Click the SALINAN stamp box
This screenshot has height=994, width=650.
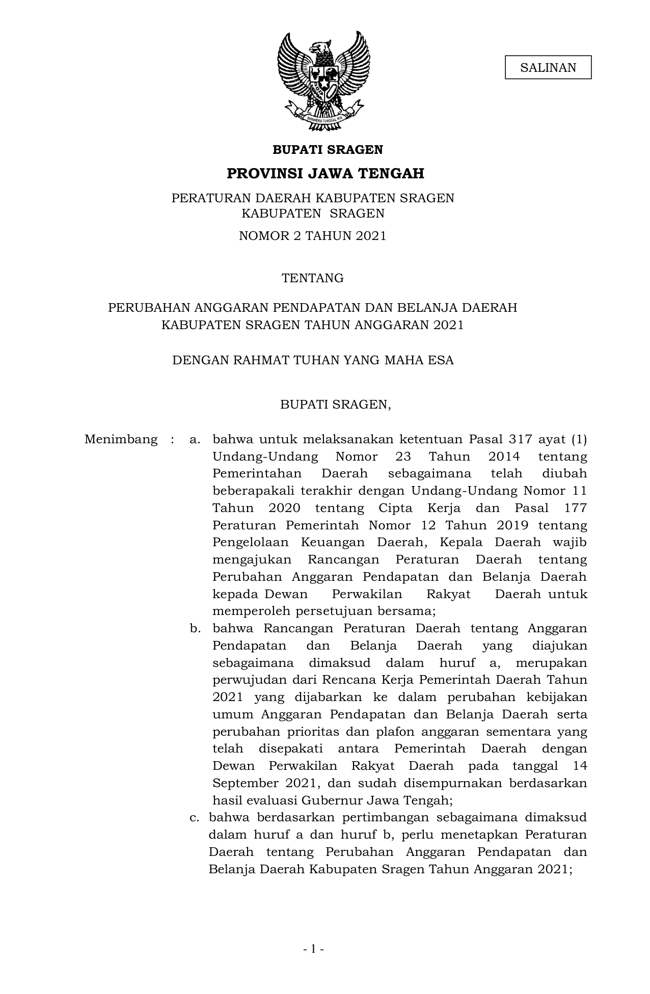coord(548,68)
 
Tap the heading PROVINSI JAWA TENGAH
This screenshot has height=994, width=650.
coord(325,174)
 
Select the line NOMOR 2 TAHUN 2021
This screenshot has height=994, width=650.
coord(312,236)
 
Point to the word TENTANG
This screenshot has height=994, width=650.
coord(313,278)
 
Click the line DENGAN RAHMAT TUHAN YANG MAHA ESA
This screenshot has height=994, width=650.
coord(312,360)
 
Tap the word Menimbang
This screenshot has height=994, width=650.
coord(121,439)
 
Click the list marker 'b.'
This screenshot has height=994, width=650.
coord(195,629)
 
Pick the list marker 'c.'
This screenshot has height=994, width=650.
coord(194,818)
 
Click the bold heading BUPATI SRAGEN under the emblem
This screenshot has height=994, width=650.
coord(328,150)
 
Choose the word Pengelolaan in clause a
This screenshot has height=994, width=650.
coord(251,542)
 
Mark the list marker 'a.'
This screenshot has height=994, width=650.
coord(195,439)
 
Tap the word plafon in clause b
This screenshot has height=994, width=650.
coord(380,732)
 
